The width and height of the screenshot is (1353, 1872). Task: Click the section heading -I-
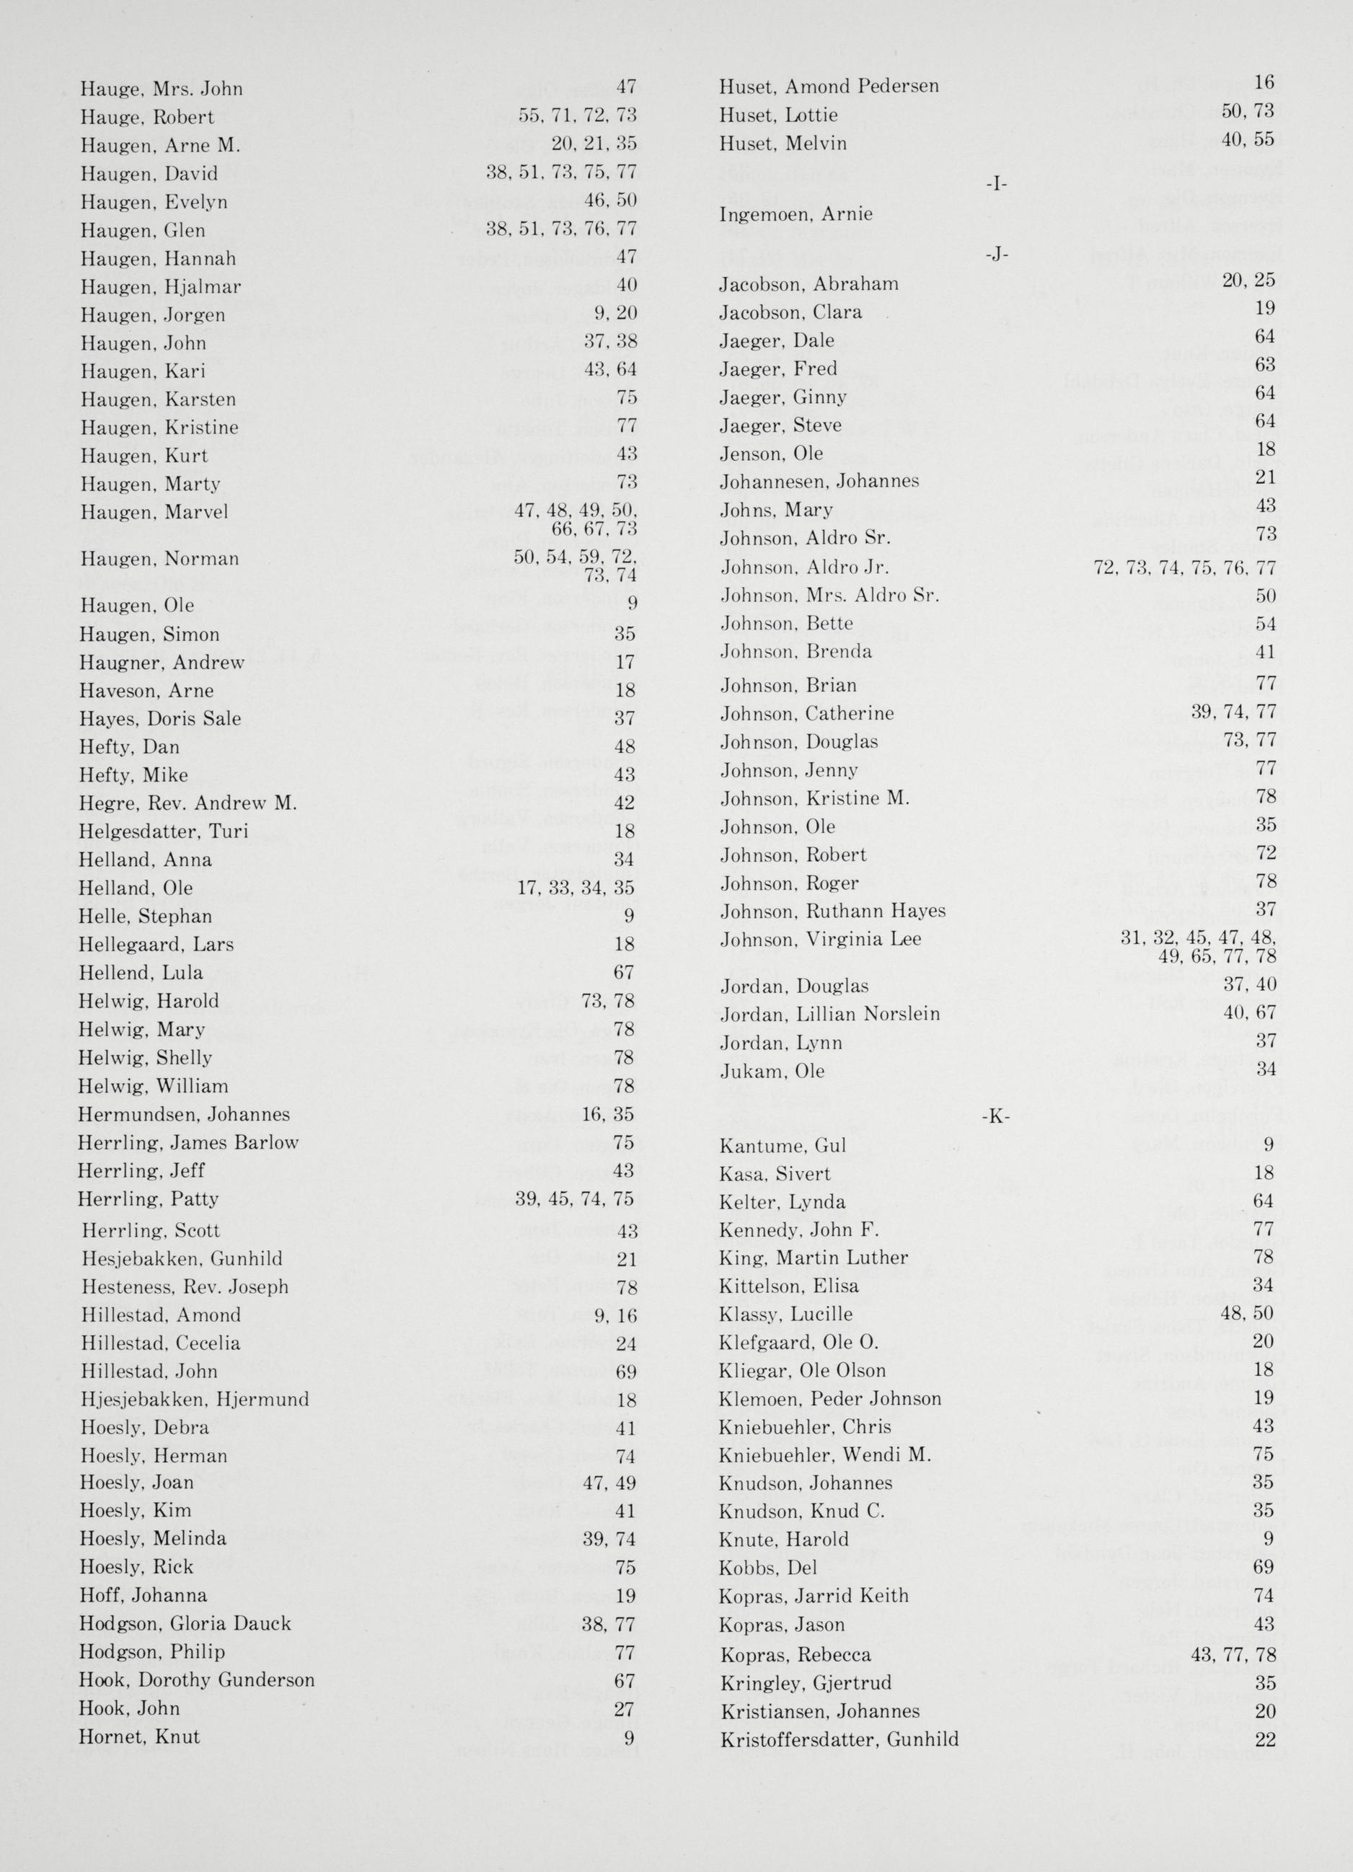point(997,184)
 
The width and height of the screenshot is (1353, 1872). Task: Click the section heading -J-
point(997,255)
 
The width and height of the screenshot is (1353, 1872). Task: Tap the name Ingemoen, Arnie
point(796,215)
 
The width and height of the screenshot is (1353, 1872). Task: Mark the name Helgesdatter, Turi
point(164,831)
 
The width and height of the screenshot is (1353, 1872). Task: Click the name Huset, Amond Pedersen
point(829,86)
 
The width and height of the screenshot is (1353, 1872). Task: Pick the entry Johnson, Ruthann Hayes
point(833,911)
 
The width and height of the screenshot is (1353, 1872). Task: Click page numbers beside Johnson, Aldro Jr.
point(1185,568)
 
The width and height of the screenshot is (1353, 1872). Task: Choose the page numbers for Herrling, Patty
point(575,1198)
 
